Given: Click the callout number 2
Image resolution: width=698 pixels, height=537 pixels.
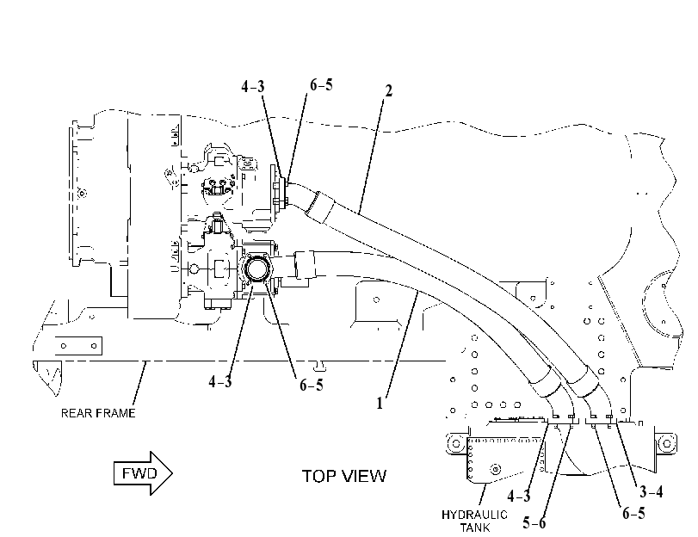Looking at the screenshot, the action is point(389,91).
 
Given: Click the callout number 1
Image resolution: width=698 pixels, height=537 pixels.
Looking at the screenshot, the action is point(380,404).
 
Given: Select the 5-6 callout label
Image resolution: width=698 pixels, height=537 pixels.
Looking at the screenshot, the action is point(534,522).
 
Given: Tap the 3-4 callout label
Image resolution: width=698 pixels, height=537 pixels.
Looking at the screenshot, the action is point(652,491).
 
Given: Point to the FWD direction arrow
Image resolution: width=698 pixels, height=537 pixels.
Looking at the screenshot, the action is point(144,472).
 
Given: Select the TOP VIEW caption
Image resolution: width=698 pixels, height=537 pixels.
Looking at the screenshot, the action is point(344,476).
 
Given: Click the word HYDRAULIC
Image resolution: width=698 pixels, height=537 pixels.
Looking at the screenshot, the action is point(474,515).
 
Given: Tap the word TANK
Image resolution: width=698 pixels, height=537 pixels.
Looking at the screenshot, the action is point(475,528).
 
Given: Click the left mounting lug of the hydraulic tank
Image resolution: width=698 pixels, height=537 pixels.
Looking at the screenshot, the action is point(456,443).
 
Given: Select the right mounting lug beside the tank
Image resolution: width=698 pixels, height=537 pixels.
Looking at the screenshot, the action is point(666,443).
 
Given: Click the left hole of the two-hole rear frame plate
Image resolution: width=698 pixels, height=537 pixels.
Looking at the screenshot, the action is point(64,346).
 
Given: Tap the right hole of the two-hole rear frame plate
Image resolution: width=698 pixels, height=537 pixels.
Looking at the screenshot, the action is point(94,346).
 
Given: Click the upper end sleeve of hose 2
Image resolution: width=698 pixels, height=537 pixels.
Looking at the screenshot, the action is point(319,207).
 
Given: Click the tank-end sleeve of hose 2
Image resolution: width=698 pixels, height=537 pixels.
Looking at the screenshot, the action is point(584,380).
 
